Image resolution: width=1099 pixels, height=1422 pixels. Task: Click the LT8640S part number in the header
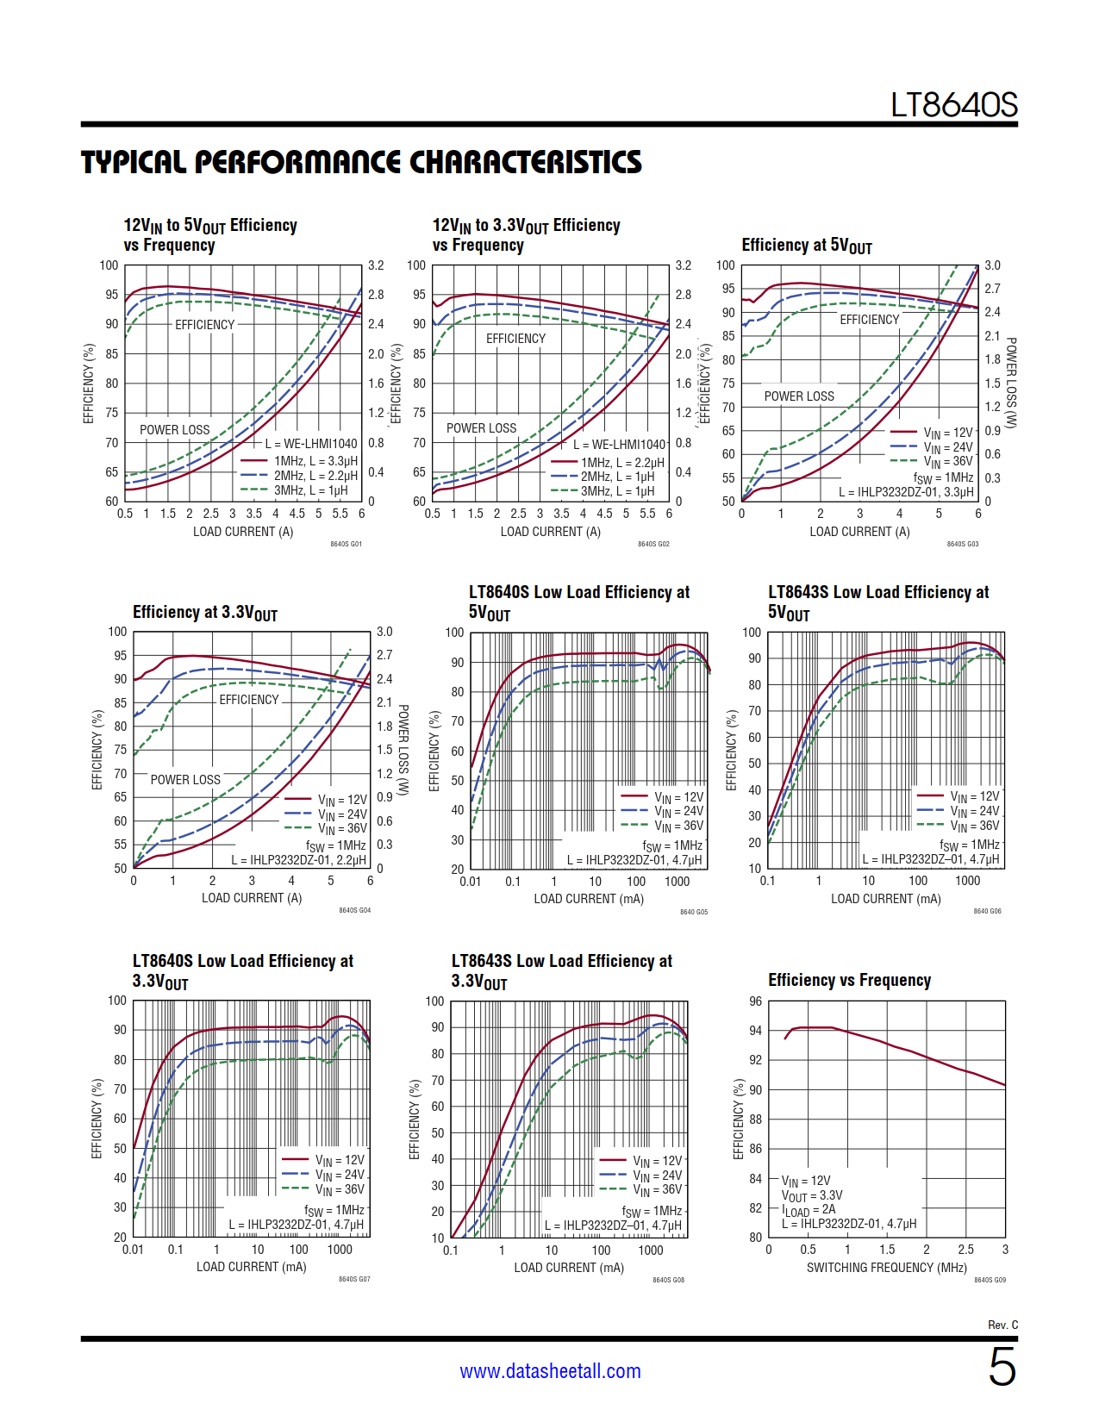953,105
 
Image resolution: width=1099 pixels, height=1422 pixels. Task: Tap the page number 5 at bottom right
1002,1368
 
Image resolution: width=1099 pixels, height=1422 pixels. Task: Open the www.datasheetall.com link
550,1371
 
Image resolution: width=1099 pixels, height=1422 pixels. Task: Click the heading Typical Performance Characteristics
361,162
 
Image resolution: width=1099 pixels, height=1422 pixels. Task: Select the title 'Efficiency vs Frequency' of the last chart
849,980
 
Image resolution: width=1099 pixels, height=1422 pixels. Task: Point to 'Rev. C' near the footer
1002,1325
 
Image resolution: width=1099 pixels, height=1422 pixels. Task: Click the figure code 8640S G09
990,1280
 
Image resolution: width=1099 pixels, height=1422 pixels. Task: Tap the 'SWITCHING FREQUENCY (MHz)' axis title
886,1268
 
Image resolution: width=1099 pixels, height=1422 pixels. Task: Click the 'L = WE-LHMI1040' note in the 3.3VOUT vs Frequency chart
620,445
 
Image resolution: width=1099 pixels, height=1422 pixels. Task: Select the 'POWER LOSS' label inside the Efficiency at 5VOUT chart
799,396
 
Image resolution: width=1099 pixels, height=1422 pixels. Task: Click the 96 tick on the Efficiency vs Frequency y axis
755,1001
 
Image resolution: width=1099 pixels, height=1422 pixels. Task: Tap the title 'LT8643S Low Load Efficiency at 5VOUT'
877,602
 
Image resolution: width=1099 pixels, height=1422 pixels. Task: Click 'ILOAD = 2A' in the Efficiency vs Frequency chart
809,1210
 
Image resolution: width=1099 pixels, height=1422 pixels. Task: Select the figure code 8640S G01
346,544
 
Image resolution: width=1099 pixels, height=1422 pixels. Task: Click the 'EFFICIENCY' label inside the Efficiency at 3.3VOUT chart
249,700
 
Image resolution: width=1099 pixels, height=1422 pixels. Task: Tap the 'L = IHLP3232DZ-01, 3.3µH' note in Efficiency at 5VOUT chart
906,492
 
